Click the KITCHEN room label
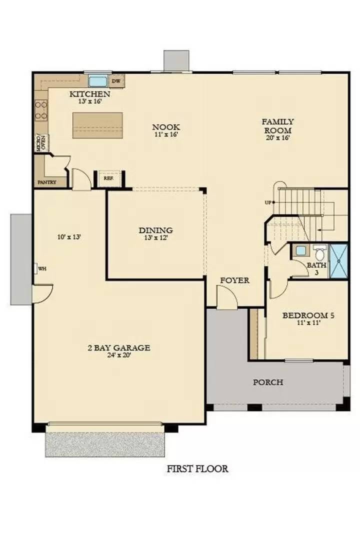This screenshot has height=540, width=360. pos(89,94)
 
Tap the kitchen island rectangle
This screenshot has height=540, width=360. pos(97,125)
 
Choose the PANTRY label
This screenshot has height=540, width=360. pos(46,182)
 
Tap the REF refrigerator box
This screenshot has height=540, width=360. pos(108,178)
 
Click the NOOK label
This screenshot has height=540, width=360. pos(166,127)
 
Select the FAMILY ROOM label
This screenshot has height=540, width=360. pos(277,125)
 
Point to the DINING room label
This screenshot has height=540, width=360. pos(155,230)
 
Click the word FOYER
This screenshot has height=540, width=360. pos(235,280)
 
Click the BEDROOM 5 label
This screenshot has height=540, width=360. pos(308,315)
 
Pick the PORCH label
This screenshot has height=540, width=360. pos(268,382)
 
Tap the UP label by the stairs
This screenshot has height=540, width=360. pos(268,202)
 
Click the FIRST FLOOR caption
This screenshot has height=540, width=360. pos(197,469)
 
